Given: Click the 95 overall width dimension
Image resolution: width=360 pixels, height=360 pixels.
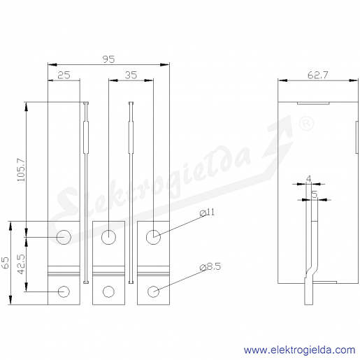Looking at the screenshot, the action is (x=109, y=59).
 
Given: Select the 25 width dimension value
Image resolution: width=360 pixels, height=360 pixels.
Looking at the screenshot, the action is (x=64, y=75).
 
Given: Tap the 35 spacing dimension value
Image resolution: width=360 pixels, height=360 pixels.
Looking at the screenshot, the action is (x=131, y=75).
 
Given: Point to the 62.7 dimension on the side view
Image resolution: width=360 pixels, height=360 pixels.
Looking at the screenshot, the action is (x=318, y=75).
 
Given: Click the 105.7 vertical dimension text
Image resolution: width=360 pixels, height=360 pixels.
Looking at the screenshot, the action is (x=21, y=170).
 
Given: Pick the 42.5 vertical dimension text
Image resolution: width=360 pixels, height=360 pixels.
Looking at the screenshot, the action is (x=21, y=264).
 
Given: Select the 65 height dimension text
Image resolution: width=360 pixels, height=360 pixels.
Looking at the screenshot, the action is (x=5, y=263).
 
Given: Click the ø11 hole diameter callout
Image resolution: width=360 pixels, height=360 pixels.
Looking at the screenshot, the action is (x=207, y=213).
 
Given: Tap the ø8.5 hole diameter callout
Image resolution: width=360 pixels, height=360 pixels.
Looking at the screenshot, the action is (x=210, y=266).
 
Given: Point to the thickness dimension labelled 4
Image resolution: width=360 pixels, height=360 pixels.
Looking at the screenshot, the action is (x=308, y=179).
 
